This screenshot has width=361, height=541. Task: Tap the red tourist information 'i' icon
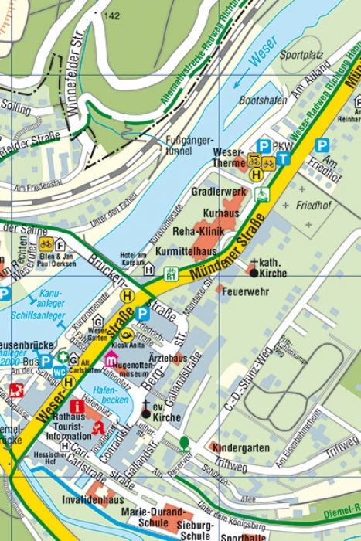77,407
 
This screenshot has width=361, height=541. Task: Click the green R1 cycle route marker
172,271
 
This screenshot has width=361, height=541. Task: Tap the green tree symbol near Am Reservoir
185,443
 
